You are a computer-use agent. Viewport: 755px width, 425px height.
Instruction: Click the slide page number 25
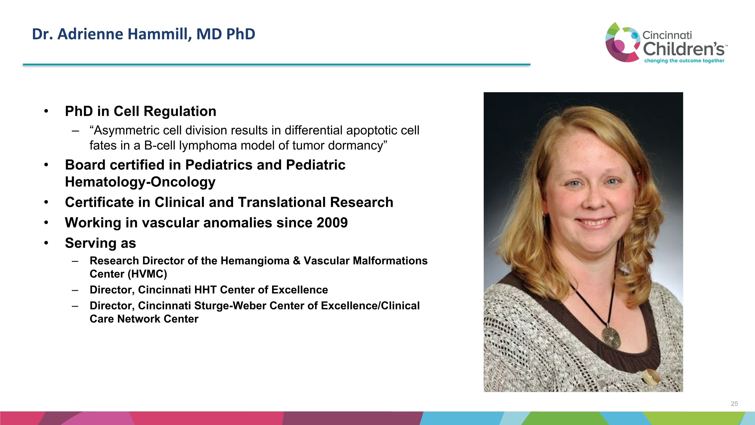[734, 404]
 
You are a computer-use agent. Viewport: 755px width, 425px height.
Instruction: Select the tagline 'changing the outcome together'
[684, 61]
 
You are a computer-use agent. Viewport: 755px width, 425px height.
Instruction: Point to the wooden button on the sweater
[650, 377]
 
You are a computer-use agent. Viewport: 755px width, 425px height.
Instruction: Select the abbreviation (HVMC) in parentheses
[147, 274]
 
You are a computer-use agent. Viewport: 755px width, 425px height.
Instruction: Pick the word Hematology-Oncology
[140, 182]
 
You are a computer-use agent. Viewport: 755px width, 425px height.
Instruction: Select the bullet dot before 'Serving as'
[46, 243]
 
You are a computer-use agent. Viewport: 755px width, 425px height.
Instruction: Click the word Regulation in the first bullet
[180, 111]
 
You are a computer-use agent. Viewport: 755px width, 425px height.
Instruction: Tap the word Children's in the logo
[684, 49]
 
